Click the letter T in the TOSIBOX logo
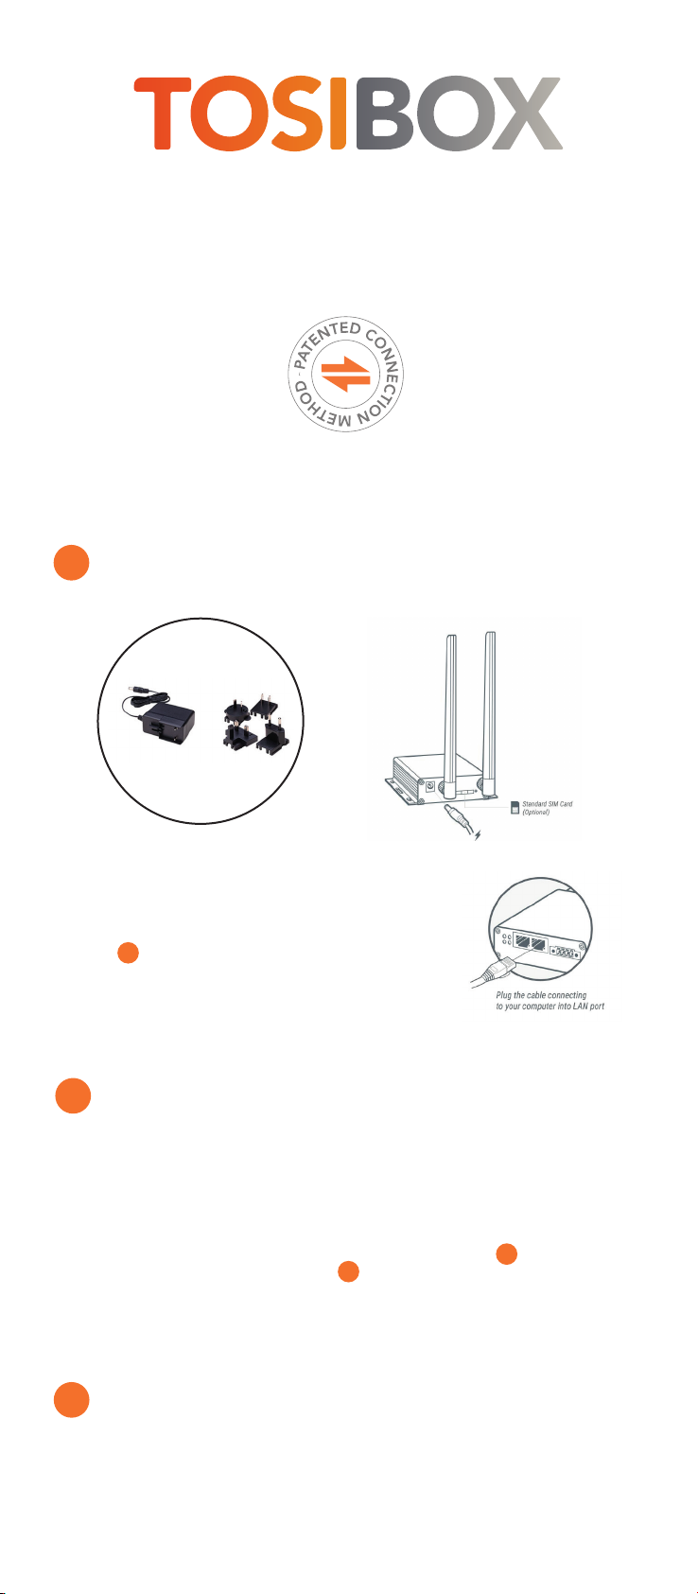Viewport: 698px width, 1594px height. pyautogui.click(x=163, y=114)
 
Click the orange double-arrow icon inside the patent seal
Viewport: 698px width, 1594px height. pyautogui.click(x=345, y=374)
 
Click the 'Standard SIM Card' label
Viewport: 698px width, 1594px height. pyautogui.click(x=548, y=803)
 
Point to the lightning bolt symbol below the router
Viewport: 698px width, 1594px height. pyautogui.click(x=479, y=834)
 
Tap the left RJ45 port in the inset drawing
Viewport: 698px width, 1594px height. pyautogui.click(x=523, y=941)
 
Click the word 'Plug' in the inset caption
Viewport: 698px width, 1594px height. pyautogui.click(x=503, y=995)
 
